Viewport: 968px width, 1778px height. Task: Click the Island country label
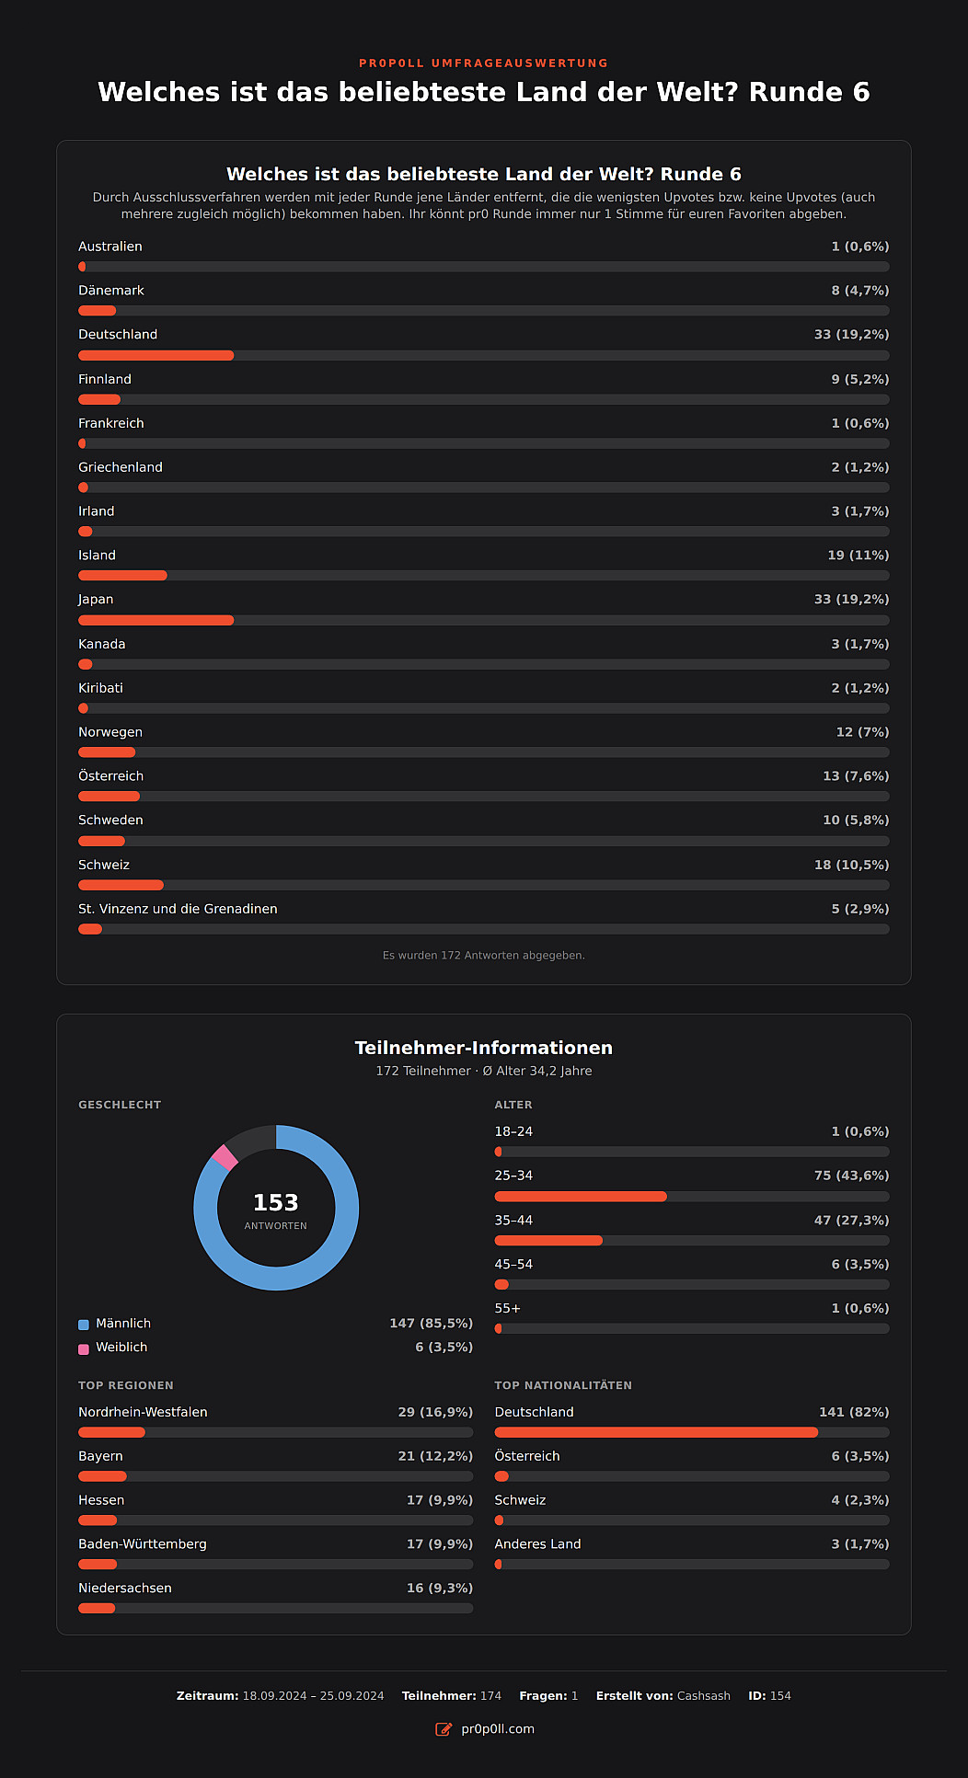97,556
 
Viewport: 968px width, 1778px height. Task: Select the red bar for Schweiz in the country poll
121,885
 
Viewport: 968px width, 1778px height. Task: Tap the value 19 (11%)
858,556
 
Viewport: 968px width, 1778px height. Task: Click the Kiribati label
100,688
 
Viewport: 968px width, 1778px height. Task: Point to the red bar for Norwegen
107,752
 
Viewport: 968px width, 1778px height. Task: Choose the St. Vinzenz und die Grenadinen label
178,909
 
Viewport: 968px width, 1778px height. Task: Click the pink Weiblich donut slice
225,1157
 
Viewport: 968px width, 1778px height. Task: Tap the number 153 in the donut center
276,1203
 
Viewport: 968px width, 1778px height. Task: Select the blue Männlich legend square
84,1325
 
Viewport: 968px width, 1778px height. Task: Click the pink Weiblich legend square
84,1348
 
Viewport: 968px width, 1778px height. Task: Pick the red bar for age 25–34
581,1197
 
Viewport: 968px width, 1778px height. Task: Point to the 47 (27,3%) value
851,1221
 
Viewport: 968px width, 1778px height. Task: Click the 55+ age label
508,1309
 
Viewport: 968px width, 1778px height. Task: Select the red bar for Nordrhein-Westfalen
111,1432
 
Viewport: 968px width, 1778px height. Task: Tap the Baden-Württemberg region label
143,1544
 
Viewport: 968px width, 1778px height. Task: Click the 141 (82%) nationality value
854,1412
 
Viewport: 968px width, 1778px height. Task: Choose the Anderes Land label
537,1544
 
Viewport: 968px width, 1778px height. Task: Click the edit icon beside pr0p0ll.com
444,1729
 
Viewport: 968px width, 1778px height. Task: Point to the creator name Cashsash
704,1696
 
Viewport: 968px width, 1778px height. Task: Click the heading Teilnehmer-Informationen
484,1048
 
